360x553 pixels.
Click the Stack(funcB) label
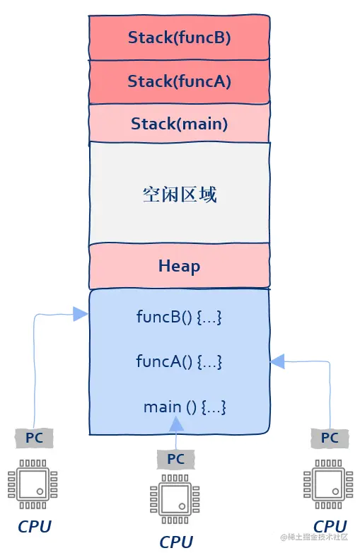coord(179,37)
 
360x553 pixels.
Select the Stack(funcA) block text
coord(179,81)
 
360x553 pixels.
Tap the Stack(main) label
coord(179,124)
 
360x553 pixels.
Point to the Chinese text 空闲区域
coord(179,194)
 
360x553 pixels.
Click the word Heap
coord(179,267)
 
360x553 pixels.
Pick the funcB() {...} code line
coord(179,317)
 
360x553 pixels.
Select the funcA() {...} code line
coord(179,361)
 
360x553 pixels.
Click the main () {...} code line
coord(185,407)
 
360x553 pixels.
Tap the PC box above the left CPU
coord(34,438)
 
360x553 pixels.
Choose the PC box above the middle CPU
coord(175,459)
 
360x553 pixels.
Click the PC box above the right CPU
coord(330,438)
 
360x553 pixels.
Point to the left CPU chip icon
coord(33,484)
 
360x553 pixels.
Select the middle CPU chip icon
coord(175,499)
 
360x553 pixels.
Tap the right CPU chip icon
coord(328,484)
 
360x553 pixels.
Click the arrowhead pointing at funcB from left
coord(80,313)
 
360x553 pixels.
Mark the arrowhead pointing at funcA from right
coord(278,361)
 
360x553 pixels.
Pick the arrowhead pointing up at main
coord(176,424)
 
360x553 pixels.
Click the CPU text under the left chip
coord(35,527)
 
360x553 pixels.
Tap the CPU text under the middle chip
coord(176,542)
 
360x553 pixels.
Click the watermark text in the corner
coord(314,537)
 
